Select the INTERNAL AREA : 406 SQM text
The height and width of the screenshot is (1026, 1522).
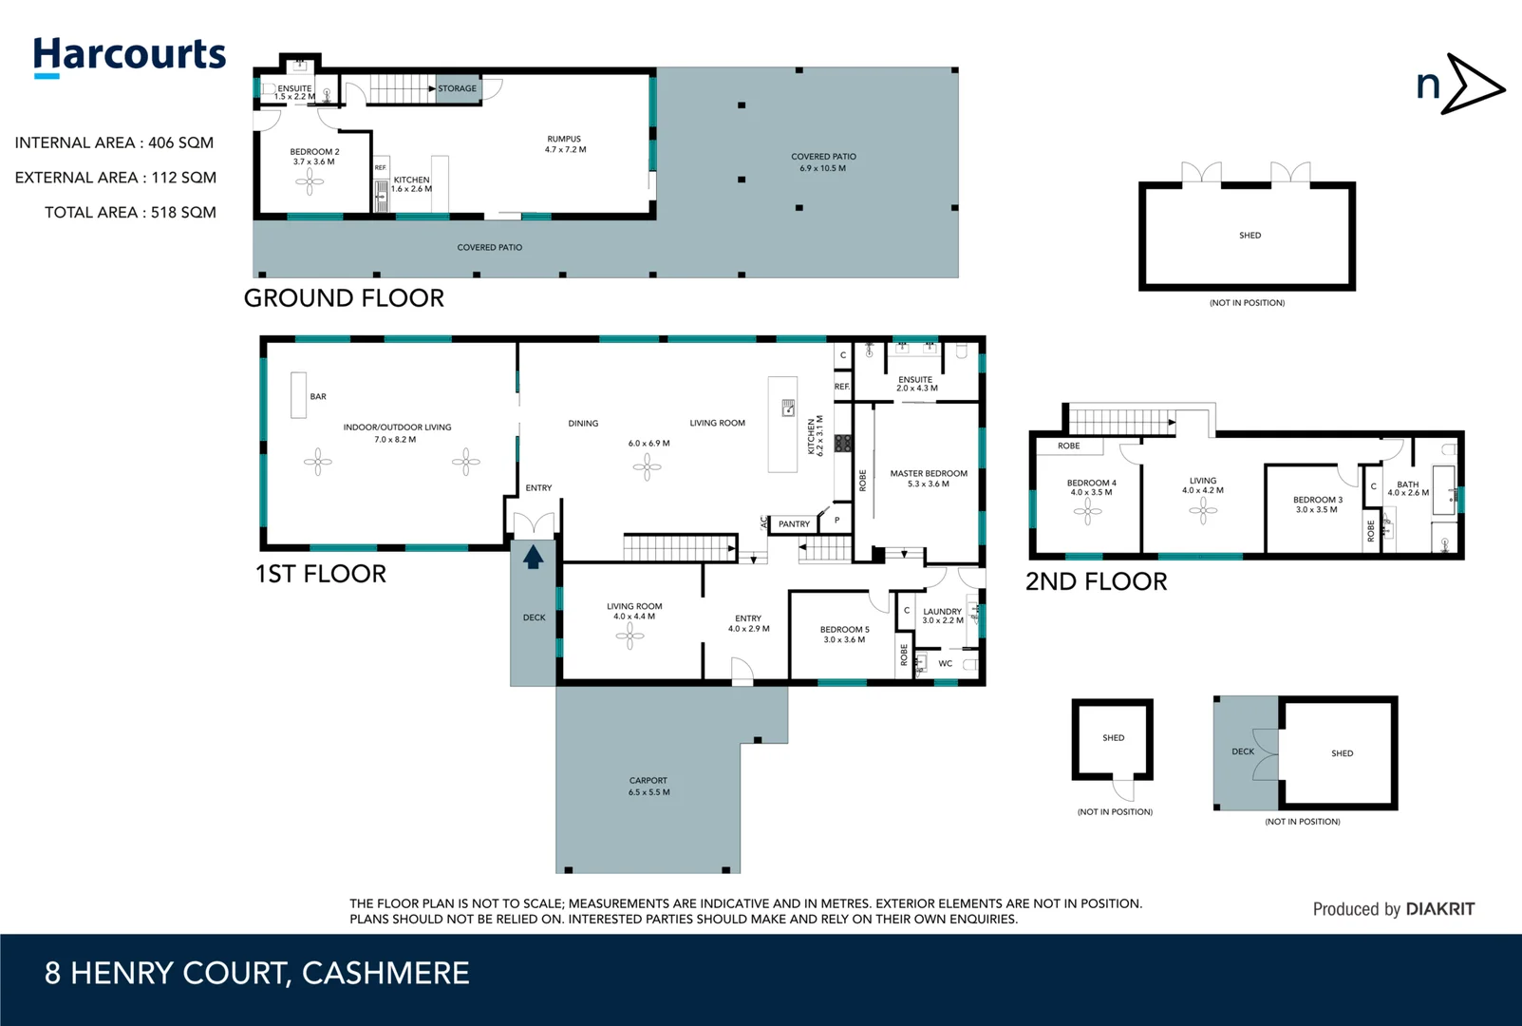pos(114,142)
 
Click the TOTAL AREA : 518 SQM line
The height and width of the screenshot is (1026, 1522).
pos(130,213)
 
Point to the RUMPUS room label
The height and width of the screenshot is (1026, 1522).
pos(564,139)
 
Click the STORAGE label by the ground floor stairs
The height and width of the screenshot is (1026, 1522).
pos(457,88)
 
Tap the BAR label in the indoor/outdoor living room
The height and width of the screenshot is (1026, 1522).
pos(318,397)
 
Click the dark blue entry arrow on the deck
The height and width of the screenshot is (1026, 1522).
pos(533,557)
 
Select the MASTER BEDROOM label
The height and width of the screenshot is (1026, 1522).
pos(929,473)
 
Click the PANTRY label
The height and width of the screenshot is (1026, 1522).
pos(794,524)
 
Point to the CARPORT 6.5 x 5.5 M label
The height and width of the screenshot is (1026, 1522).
pos(648,787)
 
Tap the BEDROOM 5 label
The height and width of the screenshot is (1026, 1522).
pos(844,630)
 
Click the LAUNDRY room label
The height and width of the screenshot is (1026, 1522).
pos(942,612)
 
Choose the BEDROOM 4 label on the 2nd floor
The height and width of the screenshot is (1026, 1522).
pos(1091,483)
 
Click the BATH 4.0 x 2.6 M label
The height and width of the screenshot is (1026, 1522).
pos(1407,488)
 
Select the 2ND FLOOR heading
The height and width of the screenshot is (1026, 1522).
pos(1096,581)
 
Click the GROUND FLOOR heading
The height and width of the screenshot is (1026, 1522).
pos(344,298)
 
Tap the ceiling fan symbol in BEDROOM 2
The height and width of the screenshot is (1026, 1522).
pos(310,180)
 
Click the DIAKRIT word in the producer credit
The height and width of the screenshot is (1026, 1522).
pos(1439,909)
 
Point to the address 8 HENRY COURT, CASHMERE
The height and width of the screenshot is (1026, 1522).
pos(257,973)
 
